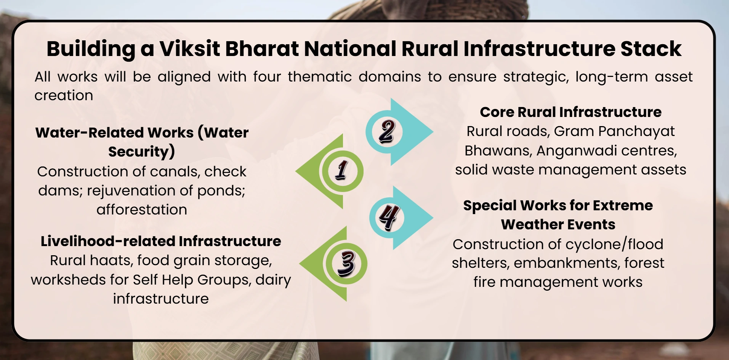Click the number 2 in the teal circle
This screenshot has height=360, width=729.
click(x=387, y=131)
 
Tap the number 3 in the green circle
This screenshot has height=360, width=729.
click(x=346, y=263)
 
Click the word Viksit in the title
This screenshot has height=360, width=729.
click(x=189, y=49)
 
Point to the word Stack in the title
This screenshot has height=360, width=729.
click(x=651, y=49)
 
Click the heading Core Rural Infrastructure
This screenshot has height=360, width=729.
click(x=570, y=112)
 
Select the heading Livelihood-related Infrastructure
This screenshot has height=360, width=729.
click(x=161, y=241)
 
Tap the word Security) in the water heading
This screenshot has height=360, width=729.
click(x=142, y=152)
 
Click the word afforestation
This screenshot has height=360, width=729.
click(x=142, y=210)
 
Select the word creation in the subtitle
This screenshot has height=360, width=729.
click(x=64, y=95)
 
